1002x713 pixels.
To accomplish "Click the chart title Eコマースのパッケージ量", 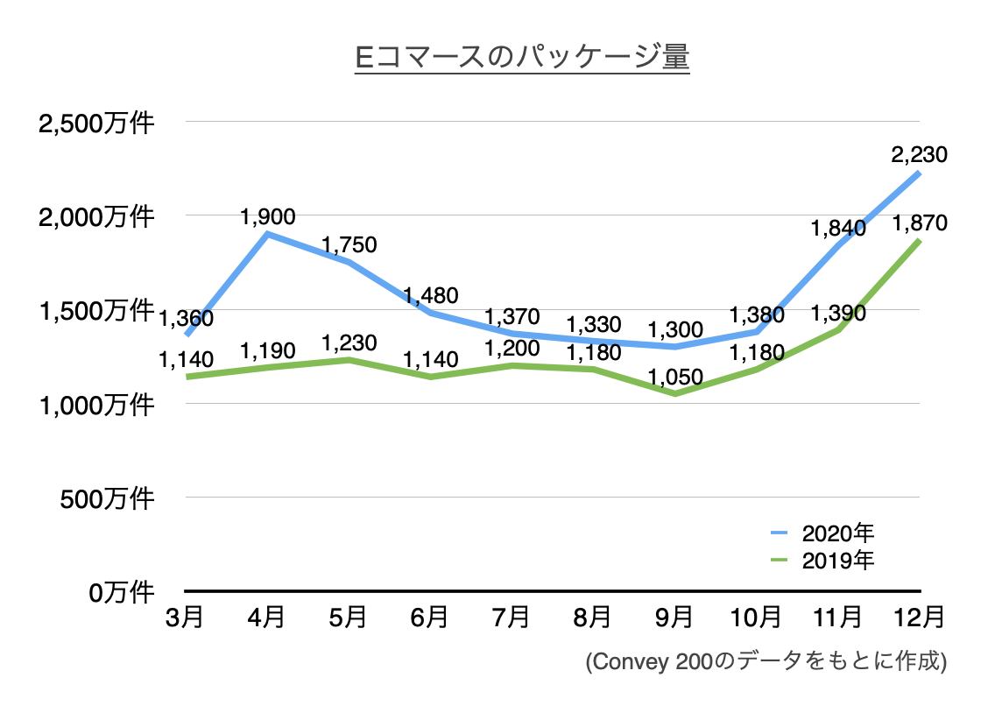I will (522, 58).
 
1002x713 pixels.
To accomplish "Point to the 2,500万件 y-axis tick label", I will (96, 123).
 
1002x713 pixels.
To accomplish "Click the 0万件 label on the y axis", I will (122, 592).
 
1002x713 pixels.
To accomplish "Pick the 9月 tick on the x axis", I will (674, 618).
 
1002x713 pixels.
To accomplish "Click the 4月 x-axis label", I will (266, 618).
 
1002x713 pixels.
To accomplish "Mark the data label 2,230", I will (919, 155).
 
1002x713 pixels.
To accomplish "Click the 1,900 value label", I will (267, 215).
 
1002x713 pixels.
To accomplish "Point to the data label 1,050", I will (675, 377).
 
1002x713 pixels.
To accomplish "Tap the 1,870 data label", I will (919, 223).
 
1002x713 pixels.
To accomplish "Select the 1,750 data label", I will (349, 244).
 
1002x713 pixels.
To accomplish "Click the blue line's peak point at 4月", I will (266, 234).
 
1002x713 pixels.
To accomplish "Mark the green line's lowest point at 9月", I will (674, 393).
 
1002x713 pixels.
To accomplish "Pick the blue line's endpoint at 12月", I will (919, 173).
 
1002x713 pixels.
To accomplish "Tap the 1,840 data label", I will (838, 229).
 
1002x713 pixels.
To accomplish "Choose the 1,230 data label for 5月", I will (349, 342).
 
